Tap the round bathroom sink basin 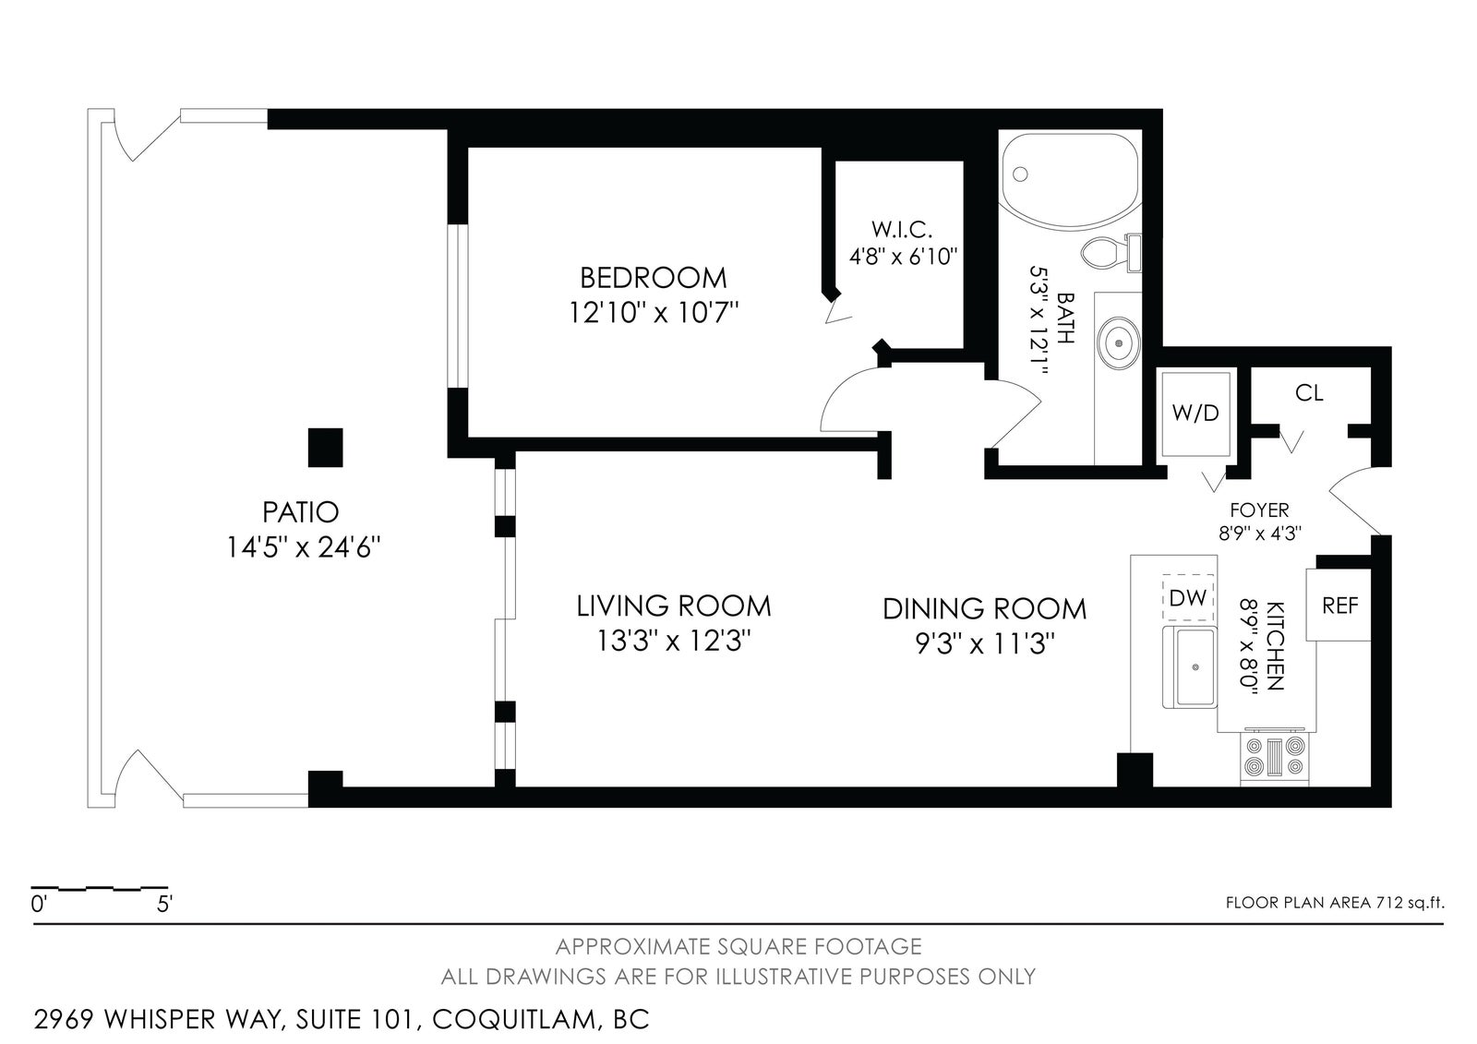(1118, 343)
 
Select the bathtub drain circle (1020, 174)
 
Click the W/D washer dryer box (1195, 414)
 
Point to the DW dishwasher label (1187, 597)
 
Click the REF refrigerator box (1339, 605)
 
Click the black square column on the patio (326, 447)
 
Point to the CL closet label (1309, 393)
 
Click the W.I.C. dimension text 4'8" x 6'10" (903, 256)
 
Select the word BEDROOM (653, 278)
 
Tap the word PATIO (301, 511)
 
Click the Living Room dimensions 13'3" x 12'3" (674, 641)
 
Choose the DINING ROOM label (984, 608)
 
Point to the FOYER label (1259, 510)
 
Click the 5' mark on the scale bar (164, 905)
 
